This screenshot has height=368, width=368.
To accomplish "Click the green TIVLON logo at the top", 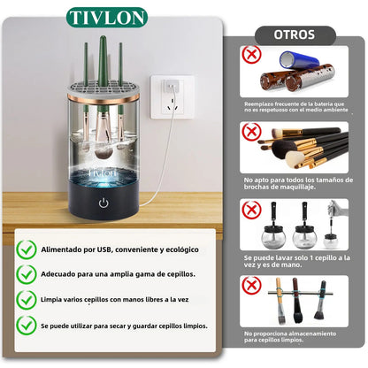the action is point(107,18).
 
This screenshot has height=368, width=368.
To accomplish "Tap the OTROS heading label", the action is point(295,34).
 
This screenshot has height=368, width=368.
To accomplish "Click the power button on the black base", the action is point(103,203).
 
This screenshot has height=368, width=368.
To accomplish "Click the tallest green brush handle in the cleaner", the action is point(103,73).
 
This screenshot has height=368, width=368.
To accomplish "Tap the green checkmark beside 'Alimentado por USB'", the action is point(27,249).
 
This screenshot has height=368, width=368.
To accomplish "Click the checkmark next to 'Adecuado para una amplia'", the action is point(27,274).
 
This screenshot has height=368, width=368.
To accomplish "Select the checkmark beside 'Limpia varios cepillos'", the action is point(27,300).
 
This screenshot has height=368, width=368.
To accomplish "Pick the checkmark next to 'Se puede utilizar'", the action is point(27,326).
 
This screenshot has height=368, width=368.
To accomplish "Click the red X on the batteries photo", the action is point(251,54).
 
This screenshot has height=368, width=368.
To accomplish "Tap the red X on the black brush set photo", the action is point(251,132).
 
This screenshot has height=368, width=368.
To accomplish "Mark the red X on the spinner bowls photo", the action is point(251,210).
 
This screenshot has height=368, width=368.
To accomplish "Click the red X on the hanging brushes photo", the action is point(251,286).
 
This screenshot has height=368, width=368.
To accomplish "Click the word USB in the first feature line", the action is point(105,249).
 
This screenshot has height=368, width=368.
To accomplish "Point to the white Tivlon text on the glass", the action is point(103,172).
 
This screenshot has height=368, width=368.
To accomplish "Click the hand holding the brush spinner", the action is point(341,209).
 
